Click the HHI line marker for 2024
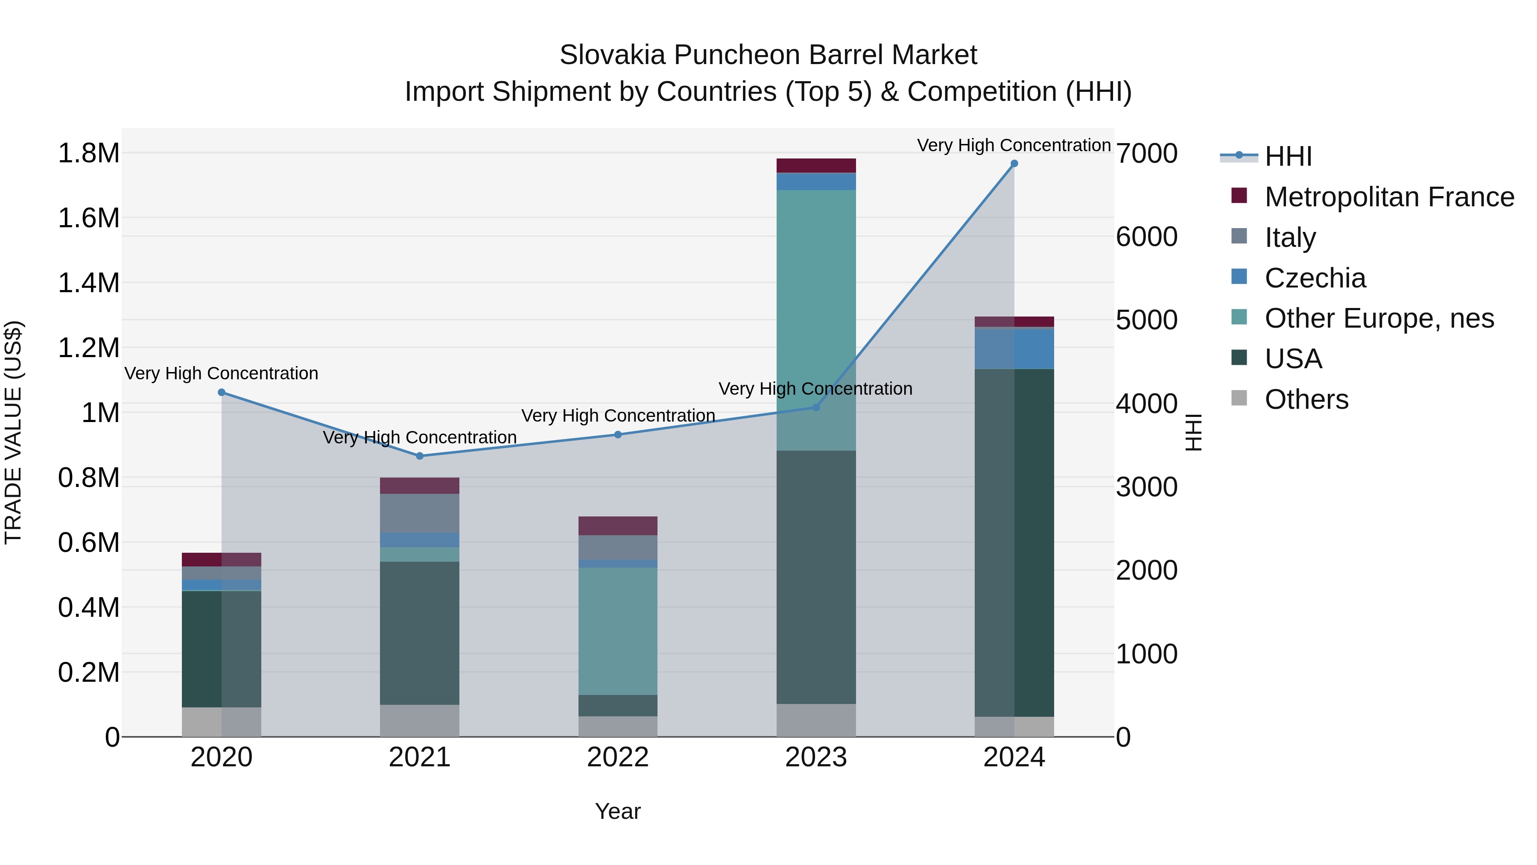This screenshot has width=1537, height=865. pyautogui.click(x=1014, y=164)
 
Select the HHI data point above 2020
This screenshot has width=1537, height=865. pyautogui.click(x=221, y=392)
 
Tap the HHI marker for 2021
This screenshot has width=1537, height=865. pyautogui.click(x=419, y=456)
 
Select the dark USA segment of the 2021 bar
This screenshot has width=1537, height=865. pyautogui.click(x=419, y=633)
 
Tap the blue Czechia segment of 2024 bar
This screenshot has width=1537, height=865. pyautogui.click(x=1014, y=349)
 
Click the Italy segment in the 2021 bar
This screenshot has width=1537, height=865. pyautogui.click(x=419, y=513)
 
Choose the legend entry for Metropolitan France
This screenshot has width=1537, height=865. pyautogui.click(x=1389, y=197)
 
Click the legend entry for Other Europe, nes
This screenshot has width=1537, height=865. pyautogui.click(x=1379, y=318)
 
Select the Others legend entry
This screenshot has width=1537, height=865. pyautogui.click(x=1306, y=399)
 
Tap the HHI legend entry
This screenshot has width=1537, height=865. pyautogui.click(x=1288, y=156)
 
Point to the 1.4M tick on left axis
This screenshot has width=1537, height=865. pyautogui.click(x=88, y=283)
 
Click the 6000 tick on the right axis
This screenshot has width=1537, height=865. pyautogui.click(x=1146, y=237)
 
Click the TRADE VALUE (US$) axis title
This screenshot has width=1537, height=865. pyautogui.click(x=14, y=432)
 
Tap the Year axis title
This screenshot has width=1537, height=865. pyautogui.click(x=617, y=811)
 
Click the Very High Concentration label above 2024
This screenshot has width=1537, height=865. pyautogui.click(x=1013, y=145)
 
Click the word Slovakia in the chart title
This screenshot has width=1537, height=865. pyautogui.click(x=612, y=55)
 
